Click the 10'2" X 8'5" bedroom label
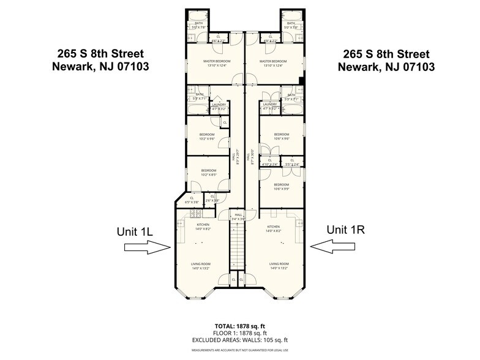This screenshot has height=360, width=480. (208, 173)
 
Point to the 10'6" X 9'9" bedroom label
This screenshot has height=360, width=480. (281, 187)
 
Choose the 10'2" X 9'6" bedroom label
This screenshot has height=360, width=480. (207, 137)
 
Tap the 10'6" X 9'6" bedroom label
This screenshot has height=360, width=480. (281, 137)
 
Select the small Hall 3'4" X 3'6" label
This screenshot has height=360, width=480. (239, 217)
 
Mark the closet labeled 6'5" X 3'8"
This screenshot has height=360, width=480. (192, 200)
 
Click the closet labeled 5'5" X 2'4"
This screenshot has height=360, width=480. (292, 162)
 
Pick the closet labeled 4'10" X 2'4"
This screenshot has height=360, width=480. (269, 162)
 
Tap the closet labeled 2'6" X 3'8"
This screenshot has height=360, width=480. (212, 200)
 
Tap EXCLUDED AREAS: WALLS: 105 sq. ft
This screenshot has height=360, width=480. (239, 340)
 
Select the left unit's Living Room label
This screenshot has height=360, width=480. (201, 266)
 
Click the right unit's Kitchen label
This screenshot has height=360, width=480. (274, 228)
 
